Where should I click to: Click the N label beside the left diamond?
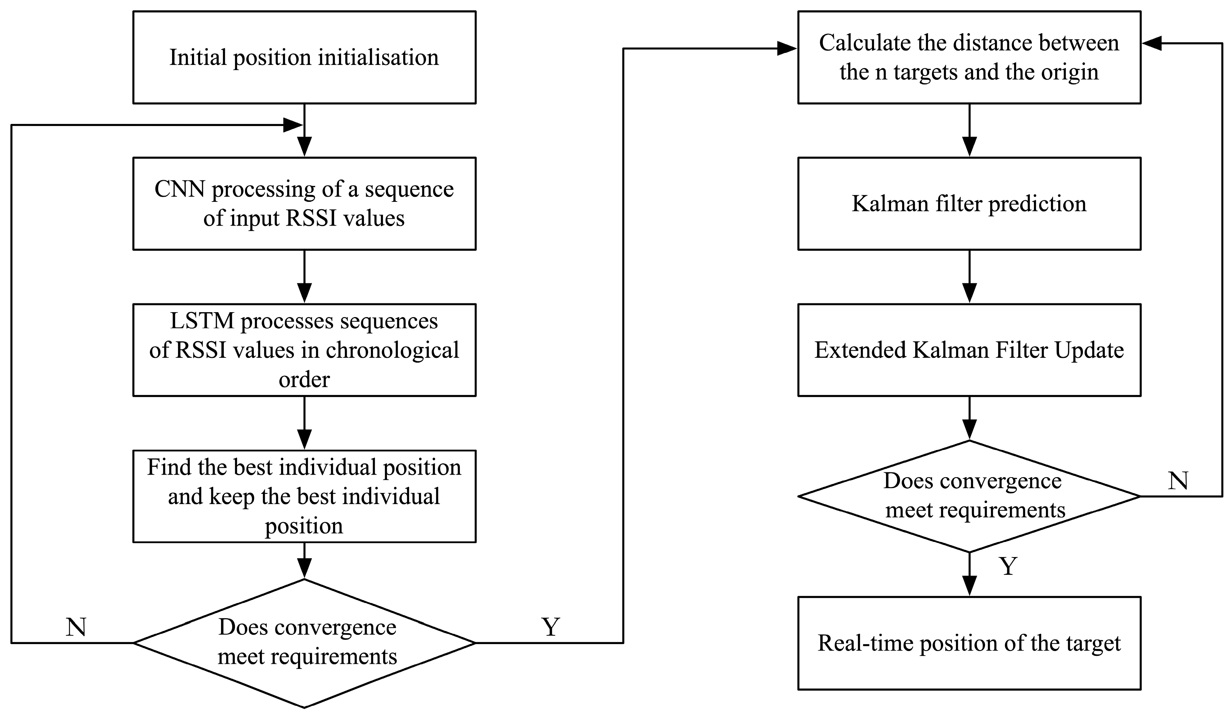point(76,627)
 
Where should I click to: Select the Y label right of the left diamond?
point(551,627)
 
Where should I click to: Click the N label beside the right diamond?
point(1178,481)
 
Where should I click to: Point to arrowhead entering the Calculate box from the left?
point(787,48)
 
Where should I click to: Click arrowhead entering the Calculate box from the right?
point(1152,44)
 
